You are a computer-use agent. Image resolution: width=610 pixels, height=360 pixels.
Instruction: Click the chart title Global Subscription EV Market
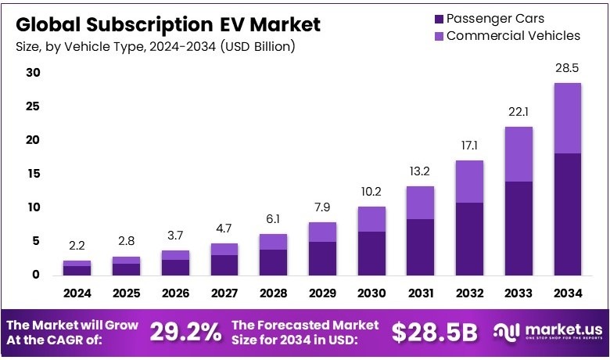[167, 24]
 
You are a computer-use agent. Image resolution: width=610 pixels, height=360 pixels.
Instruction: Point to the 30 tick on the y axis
[33, 73]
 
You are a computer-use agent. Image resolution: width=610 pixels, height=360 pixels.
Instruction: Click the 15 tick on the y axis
[33, 174]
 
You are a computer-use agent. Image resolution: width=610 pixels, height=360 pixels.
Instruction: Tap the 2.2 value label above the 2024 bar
[77, 247]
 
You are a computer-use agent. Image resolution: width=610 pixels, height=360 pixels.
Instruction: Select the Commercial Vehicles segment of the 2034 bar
[567, 117]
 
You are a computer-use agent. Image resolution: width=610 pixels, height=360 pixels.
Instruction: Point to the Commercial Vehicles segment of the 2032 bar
[469, 181]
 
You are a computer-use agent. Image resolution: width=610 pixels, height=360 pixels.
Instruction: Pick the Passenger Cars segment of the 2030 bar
[371, 253]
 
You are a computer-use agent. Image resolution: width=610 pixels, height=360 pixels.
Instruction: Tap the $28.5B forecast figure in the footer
[434, 332]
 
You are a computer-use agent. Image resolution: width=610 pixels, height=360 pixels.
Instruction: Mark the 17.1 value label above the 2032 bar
[469, 146]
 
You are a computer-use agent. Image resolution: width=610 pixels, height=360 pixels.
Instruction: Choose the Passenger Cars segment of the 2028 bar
[273, 262]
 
